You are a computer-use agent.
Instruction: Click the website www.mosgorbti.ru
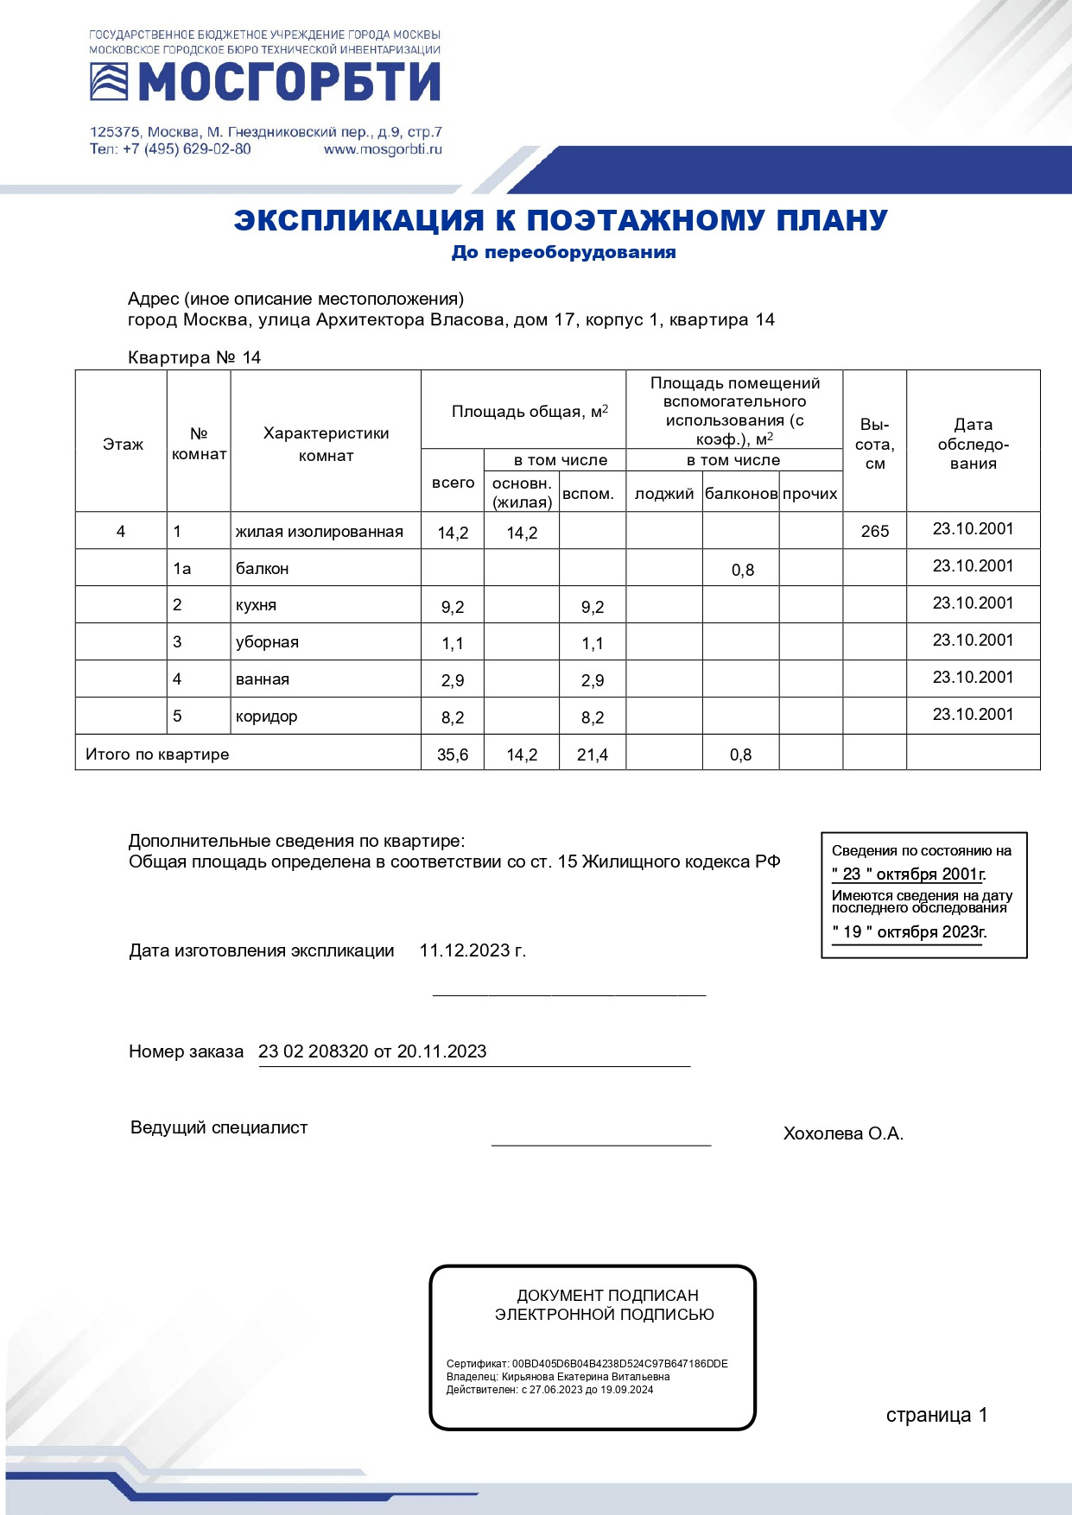(x=383, y=149)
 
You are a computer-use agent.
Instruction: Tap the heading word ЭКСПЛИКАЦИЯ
(x=358, y=220)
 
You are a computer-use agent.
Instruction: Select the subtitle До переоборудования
(x=563, y=252)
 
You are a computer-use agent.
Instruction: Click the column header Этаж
(x=123, y=445)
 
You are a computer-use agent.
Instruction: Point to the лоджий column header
(x=664, y=494)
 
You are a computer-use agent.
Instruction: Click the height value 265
(x=874, y=531)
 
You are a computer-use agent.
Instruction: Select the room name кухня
(x=256, y=605)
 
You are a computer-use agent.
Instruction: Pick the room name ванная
(x=262, y=679)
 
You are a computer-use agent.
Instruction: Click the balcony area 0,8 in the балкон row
(x=742, y=570)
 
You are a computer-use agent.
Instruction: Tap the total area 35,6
(x=453, y=754)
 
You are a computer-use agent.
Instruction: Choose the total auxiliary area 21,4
(x=593, y=754)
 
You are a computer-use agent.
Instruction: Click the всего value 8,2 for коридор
(x=453, y=717)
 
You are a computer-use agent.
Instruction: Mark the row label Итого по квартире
(x=157, y=754)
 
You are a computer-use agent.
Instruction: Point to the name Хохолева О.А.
(x=843, y=1133)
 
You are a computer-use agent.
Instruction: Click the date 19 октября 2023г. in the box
(x=909, y=932)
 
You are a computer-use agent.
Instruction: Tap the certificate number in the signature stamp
(x=619, y=1364)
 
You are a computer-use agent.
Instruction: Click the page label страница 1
(x=936, y=1415)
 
